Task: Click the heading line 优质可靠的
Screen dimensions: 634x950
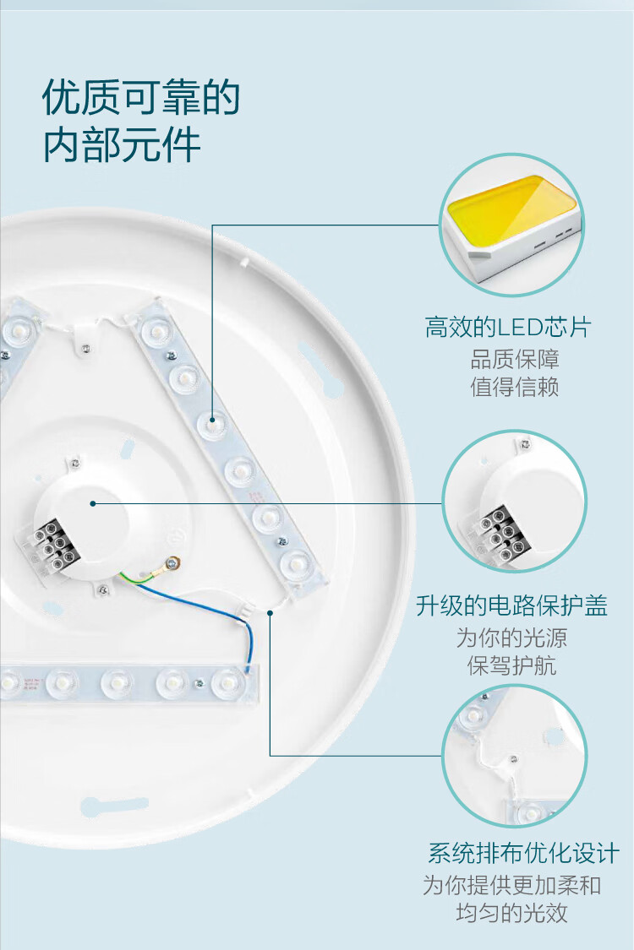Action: [x=141, y=97]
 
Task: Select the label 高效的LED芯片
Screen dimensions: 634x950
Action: [x=508, y=327]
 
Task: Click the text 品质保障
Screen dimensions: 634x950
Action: [x=515, y=359]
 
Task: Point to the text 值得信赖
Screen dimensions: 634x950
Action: [x=515, y=387]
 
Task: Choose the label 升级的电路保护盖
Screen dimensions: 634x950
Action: [x=512, y=605]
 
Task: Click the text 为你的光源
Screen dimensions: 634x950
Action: [x=511, y=638]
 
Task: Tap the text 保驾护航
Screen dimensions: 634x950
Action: [x=511, y=665]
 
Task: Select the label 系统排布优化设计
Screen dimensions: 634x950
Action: [x=524, y=853]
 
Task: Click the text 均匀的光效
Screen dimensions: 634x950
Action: [x=511, y=913]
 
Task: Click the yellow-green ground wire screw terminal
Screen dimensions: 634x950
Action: [x=174, y=563]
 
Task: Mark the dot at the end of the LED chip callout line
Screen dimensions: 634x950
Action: [x=213, y=419]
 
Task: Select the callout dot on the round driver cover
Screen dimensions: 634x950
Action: [x=93, y=503]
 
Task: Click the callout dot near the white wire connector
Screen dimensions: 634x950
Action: [x=270, y=613]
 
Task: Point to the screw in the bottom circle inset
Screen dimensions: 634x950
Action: [x=514, y=758]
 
